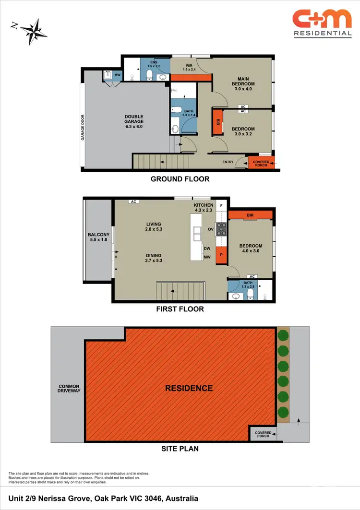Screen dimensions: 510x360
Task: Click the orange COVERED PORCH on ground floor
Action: (261, 162)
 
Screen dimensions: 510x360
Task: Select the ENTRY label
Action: (228, 162)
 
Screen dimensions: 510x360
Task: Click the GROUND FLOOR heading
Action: (180, 179)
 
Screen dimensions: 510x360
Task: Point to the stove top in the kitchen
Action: (222, 229)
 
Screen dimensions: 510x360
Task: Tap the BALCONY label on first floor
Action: (99, 237)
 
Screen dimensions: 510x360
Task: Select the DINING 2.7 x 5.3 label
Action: (154, 259)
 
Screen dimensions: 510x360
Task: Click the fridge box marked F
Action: (221, 206)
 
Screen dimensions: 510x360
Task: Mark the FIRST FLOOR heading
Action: (180, 309)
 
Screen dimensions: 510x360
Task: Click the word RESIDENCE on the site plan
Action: (189, 388)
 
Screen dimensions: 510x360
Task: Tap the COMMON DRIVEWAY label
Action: (69, 389)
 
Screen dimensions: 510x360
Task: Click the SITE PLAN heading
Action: (180, 449)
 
